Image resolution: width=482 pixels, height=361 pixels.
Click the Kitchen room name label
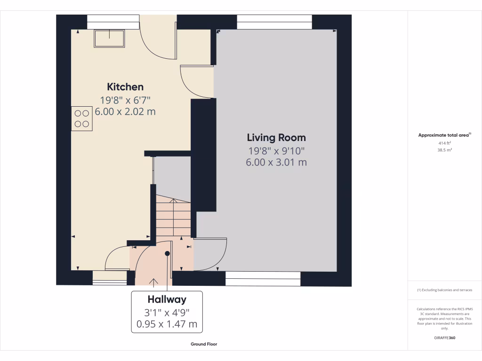125,87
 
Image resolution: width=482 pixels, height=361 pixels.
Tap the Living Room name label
276,138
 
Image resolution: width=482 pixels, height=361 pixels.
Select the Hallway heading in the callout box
167,299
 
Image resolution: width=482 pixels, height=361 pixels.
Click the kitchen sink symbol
110,38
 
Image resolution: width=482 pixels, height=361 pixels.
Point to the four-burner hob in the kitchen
82,118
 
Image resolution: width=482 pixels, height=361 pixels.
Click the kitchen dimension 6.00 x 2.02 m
125,112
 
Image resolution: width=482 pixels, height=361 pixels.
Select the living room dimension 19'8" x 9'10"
276,151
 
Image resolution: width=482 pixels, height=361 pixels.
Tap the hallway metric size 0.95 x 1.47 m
167,324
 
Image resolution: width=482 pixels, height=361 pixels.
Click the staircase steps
173,217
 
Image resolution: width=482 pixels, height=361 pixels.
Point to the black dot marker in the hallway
167,253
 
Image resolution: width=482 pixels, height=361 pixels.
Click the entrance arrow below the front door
153,282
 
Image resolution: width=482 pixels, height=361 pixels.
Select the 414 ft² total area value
444,142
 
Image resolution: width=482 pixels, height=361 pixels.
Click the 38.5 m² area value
444,150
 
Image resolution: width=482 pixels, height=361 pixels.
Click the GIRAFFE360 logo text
444,338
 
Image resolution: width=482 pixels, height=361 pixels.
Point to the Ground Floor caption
204,344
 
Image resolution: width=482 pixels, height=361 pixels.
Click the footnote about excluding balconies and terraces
444,290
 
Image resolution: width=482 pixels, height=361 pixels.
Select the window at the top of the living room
274,22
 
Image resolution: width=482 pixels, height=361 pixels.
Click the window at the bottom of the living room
263,279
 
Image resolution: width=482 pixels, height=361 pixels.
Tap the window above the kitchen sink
113,22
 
